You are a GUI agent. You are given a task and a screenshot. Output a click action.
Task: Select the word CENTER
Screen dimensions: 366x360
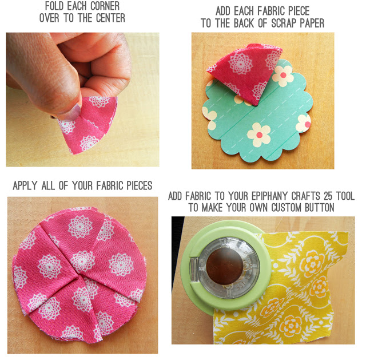pyautogui.click(x=110, y=18)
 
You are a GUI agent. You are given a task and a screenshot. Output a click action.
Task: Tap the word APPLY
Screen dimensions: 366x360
pyautogui.click(x=25, y=185)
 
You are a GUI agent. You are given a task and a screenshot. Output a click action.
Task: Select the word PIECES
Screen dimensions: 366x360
pyautogui.click(x=140, y=185)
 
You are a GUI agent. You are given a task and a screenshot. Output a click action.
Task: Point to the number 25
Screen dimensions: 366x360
pyautogui.click(x=328, y=196)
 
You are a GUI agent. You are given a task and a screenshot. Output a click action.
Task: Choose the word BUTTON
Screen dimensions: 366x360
pyautogui.click(x=320, y=207)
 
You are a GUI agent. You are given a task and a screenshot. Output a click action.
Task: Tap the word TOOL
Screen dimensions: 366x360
pyautogui.click(x=345, y=196)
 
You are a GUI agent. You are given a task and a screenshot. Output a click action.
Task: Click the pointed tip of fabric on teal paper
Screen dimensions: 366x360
pyautogui.click(x=256, y=105)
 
